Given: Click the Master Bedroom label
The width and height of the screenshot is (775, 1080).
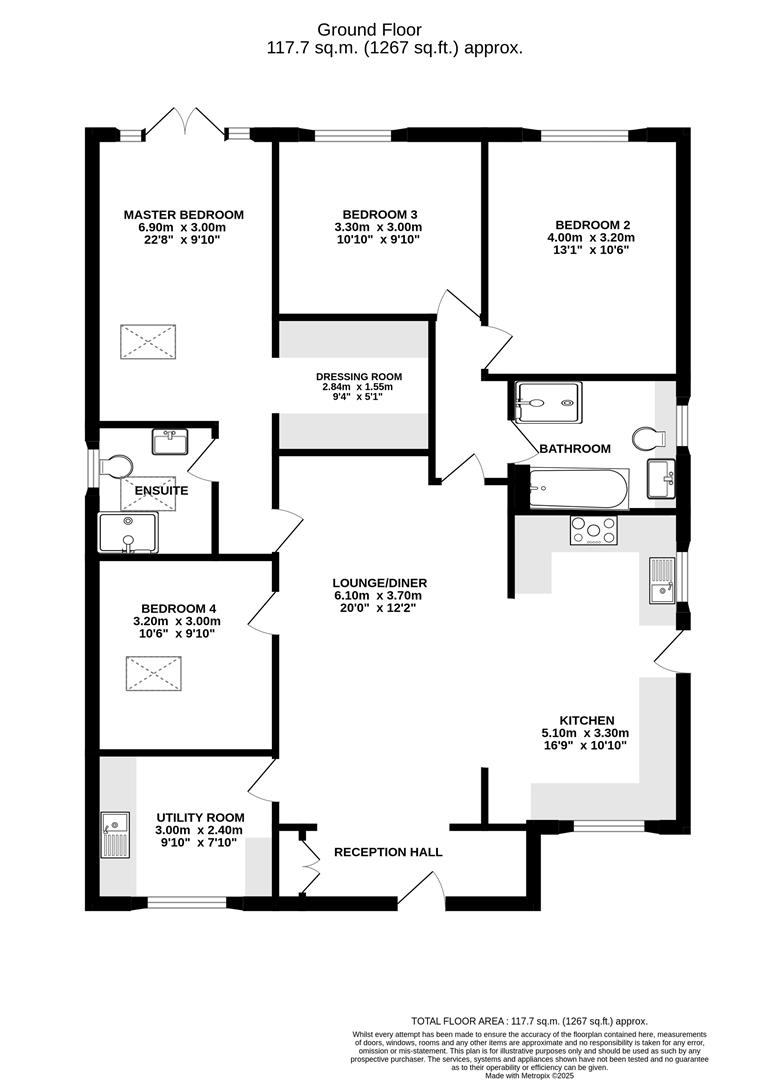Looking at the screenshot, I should tap(184, 214).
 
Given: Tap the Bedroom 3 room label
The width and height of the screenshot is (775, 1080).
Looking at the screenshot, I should tap(379, 214).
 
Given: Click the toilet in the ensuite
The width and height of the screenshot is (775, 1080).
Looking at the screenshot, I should tap(116, 466).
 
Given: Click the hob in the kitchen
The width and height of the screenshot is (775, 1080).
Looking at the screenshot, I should tap(594, 531).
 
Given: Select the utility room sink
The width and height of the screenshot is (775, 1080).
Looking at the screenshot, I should tap(116, 836).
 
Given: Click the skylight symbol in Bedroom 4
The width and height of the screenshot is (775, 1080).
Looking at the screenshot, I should tap(153, 674).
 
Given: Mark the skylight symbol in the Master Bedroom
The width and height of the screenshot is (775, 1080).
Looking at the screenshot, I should tap(148, 342).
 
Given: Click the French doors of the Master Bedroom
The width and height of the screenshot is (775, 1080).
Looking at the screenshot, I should tap(185, 124).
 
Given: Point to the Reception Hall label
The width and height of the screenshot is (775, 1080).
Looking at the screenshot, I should tap(388, 852).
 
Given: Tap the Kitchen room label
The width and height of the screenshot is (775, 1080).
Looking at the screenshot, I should tap(586, 720).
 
